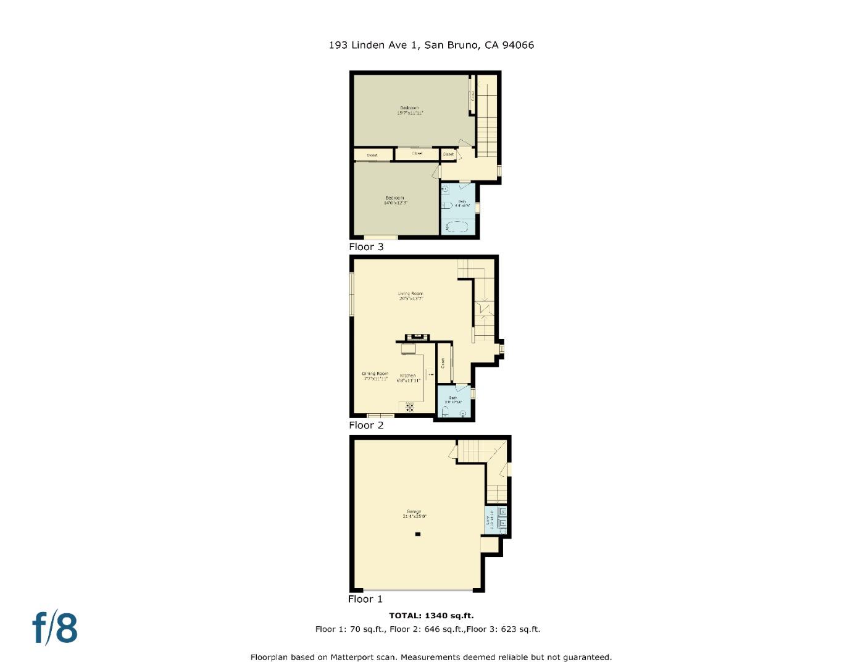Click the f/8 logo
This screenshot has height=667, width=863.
pyautogui.click(x=55, y=627)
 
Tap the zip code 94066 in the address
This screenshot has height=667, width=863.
pyautogui.click(x=519, y=45)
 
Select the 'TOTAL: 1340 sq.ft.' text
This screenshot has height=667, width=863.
pyautogui.click(x=431, y=615)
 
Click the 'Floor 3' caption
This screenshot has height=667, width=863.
pyautogui.click(x=366, y=247)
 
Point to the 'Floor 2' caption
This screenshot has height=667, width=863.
pyautogui.click(x=366, y=426)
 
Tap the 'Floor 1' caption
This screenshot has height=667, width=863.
pyautogui.click(x=365, y=599)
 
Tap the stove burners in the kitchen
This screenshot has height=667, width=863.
pyautogui.click(x=410, y=406)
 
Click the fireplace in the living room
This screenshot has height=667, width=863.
pyautogui.click(x=417, y=337)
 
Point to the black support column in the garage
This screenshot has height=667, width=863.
pyautogui.click(x=418, y=534)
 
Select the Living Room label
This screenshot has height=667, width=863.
pyautogui.click(x=411, y=296)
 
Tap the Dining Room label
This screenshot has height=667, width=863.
pyautogui.click(x=375, y=376)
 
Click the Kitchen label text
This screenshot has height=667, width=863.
pyautogui.click(x=408, y=376)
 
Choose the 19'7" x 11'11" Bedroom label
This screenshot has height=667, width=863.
pyautogui.click(x=410, y=111)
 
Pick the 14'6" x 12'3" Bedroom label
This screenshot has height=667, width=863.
pyautogui.click(x=395, y=200)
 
